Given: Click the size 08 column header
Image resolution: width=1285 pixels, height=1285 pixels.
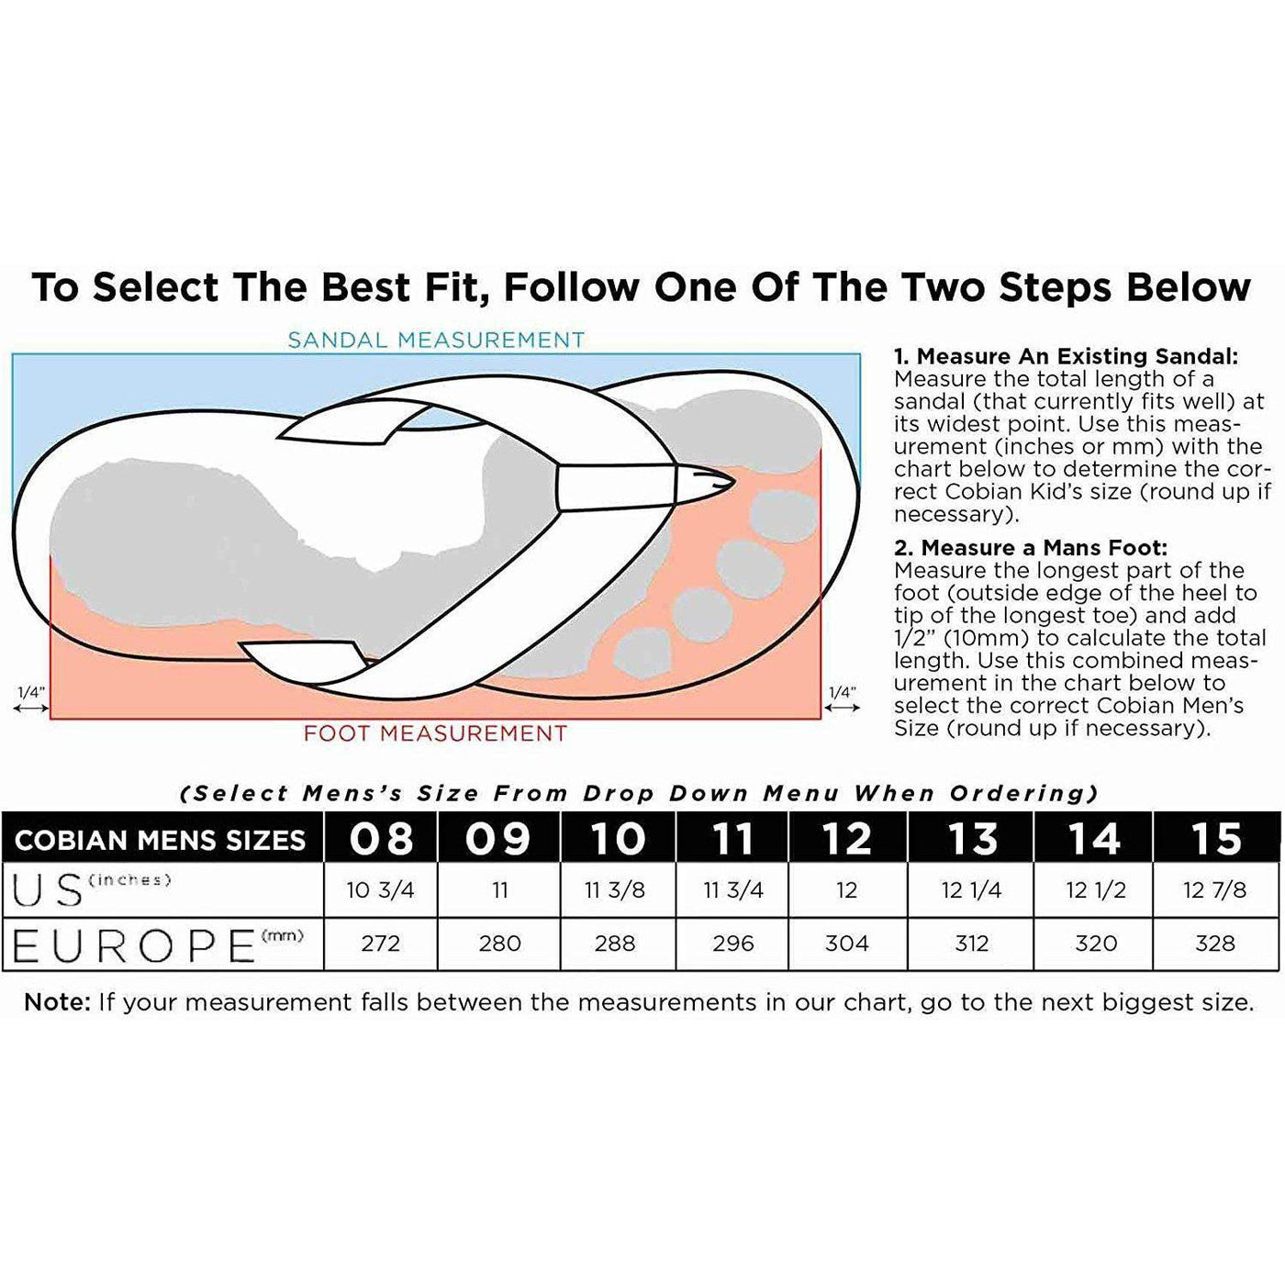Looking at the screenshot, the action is pos(381,838).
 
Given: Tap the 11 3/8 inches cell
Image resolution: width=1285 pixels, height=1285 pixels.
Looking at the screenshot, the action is pos(614,890).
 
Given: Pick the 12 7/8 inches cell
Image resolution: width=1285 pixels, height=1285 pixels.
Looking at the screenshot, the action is pos(1215,890).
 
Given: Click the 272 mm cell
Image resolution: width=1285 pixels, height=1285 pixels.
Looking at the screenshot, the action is pos(380,944).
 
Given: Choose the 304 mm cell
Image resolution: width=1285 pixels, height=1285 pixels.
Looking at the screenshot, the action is pos(846,944).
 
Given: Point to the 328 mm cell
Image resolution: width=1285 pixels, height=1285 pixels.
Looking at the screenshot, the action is pos(1215,944).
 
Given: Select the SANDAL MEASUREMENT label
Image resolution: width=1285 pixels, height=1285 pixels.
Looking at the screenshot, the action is pos(436,341).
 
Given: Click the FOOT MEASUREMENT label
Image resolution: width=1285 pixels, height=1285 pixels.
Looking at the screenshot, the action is pos(435,733).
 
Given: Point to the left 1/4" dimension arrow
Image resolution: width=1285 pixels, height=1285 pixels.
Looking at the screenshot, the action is pos(31,710).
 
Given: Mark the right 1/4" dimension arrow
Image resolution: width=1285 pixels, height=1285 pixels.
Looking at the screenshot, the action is pos(843,710).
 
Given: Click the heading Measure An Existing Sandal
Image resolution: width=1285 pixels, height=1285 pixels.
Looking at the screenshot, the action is pos(1066,357).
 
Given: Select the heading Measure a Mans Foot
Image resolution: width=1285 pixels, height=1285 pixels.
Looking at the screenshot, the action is pos(1031,548).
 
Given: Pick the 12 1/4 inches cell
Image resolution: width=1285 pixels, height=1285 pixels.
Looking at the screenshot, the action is pos(971,890).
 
